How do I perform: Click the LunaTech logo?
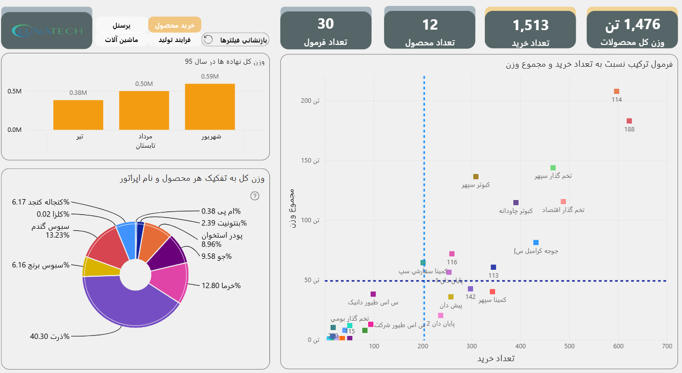coord(47,31)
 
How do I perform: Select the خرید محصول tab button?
coord(174,25)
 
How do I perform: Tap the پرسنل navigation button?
coord(121,25)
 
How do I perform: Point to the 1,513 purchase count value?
coord(530,25)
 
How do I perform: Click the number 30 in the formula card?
coord(326,23)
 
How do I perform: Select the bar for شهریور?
coord(210,107)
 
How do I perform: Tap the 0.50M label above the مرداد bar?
coord(144,83)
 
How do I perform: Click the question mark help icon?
coord(255,196)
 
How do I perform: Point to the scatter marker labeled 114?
coord(616,91)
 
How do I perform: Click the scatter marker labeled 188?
coord(629,121)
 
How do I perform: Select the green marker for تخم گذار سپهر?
coord(553,168)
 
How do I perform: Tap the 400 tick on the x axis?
coord(520,346)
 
